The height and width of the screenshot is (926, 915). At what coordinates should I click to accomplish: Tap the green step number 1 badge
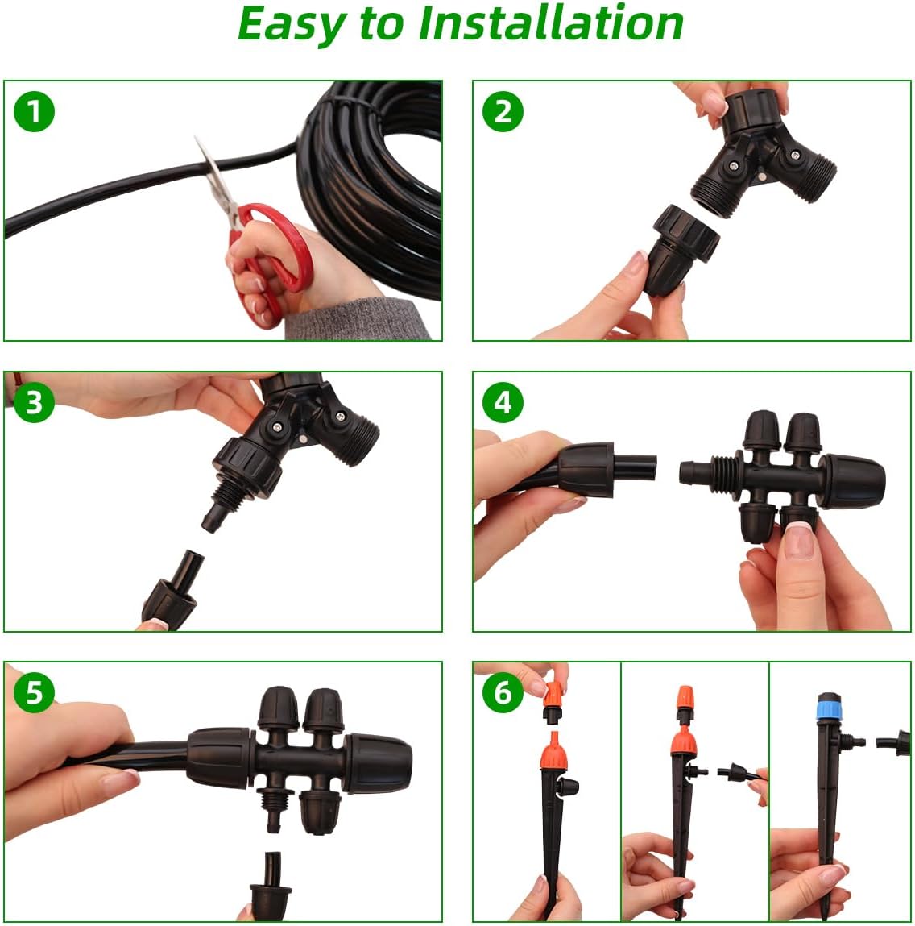click(34, 111)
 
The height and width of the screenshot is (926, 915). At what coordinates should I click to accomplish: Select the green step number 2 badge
click(503, 111)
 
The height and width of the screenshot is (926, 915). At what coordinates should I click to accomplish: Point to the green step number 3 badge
click(34, 402)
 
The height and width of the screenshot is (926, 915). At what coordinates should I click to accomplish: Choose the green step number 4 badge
click(503, 402)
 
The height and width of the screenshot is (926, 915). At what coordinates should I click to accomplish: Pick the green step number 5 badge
click(34, 692)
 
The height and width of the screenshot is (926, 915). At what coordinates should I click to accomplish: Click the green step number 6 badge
click(503, 692)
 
